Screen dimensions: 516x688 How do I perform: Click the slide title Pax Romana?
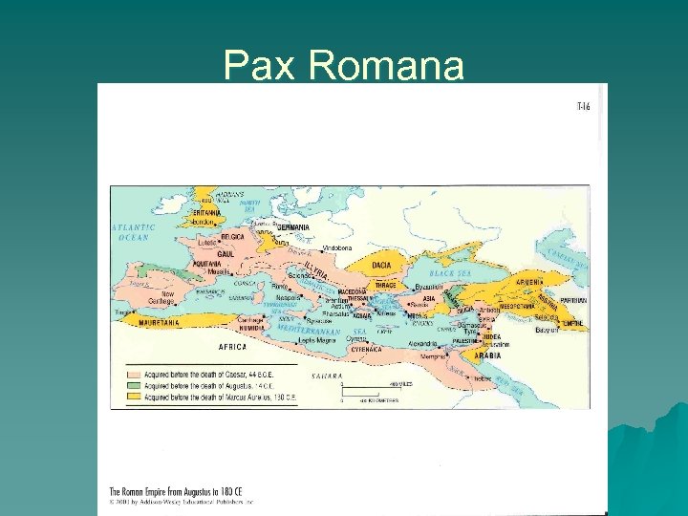pos(343,66)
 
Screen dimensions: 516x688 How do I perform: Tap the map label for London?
pos(204,221)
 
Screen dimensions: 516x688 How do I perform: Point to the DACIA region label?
pos(381,265)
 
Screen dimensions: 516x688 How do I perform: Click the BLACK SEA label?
pos(449,273)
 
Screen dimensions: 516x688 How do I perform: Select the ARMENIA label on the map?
pos(531,282)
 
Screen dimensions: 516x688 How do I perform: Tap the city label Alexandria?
pos(422,342)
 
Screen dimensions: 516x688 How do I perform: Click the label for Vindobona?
pos(336,247)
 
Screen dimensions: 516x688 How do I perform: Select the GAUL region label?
pos(226,254)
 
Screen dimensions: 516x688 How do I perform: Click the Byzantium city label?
pos(430,287)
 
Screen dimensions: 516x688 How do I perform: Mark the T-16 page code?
pos(583,106)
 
